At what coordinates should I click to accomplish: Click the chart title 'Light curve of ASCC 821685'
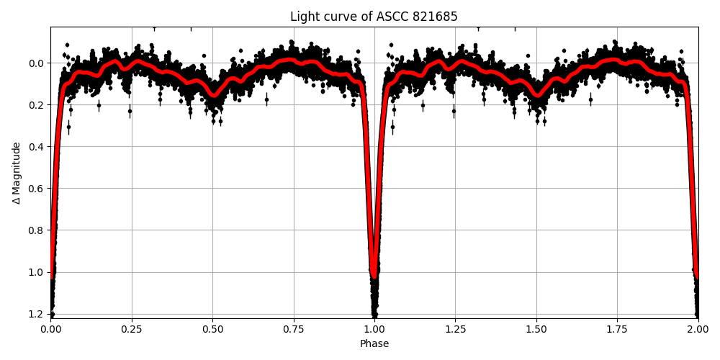(x=374, y=17)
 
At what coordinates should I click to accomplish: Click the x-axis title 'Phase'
(x=374, y=344)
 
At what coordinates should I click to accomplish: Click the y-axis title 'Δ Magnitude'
(x=17, y=173)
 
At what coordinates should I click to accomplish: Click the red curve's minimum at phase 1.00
(x=374, y=275)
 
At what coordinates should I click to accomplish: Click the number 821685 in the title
(x=431, y=17)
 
